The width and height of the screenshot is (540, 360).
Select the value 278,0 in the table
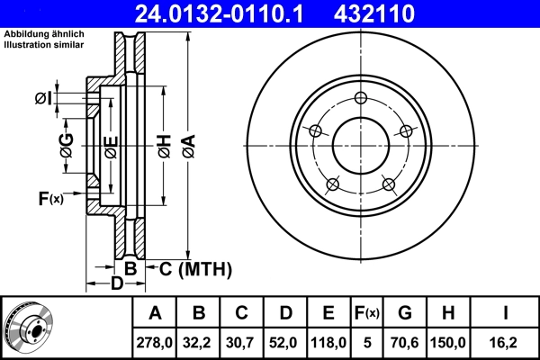tap(155, 342)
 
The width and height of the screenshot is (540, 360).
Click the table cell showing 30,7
tap(242, 342)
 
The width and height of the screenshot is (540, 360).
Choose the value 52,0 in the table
tap(285, 342)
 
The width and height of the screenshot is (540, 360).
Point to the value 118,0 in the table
tap(328, 342)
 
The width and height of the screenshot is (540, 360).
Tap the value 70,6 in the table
tap(405, 342)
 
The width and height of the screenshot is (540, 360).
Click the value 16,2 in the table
tap(505, 342)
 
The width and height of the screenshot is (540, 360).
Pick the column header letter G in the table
tap(405, 313)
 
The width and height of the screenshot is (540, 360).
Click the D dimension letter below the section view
tap(116, 285)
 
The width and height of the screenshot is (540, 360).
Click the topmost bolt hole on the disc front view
tap(361, 99)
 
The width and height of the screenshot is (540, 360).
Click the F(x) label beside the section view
tap(50, 198)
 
